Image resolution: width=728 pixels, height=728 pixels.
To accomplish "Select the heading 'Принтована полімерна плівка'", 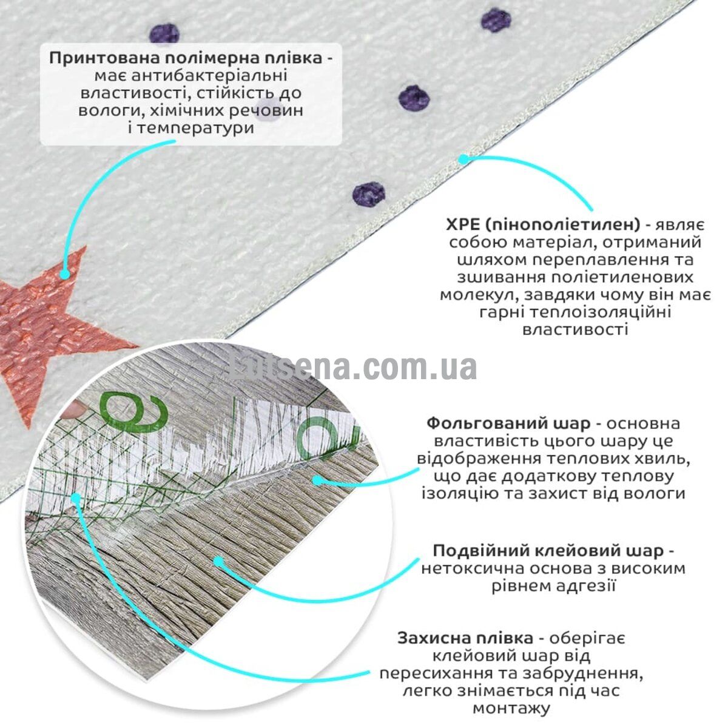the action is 186,59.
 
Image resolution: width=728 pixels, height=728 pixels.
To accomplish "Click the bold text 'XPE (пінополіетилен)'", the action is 543,225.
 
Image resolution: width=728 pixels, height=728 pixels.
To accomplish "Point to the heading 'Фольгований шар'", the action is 508,423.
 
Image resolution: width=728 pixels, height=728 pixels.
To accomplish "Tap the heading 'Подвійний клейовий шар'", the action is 548,551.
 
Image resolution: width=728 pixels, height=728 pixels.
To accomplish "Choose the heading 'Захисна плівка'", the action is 465,638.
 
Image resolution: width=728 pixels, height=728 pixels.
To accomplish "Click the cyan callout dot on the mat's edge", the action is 463,160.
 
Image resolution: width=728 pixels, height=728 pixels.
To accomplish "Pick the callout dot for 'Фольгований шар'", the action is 318,480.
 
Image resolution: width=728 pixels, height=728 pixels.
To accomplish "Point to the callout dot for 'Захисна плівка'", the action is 76,498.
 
